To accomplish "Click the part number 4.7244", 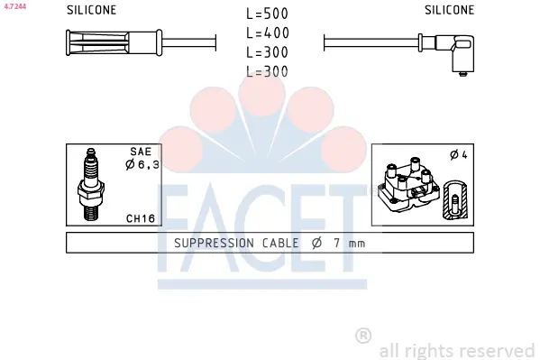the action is (14, 6).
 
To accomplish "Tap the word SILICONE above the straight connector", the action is (92, 10).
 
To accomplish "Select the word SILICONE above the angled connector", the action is (450, 10).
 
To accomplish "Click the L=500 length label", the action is (267, 14).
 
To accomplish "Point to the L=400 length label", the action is (268, 33).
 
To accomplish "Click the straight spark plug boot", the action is (114, 42).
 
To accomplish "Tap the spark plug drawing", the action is (91, 185).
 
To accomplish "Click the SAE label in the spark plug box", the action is (141, 152).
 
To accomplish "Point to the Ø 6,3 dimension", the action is (142, 164).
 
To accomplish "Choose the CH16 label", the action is (141, 218).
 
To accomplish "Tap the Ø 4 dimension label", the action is (459, 155).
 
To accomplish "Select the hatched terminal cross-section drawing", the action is (455, 199).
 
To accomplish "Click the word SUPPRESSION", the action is (214, 243).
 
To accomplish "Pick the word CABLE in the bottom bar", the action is (280, 243).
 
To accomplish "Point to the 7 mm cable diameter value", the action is (349, 243).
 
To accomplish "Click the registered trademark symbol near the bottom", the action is (363, 336).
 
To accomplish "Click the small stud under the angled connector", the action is (463, 74).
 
